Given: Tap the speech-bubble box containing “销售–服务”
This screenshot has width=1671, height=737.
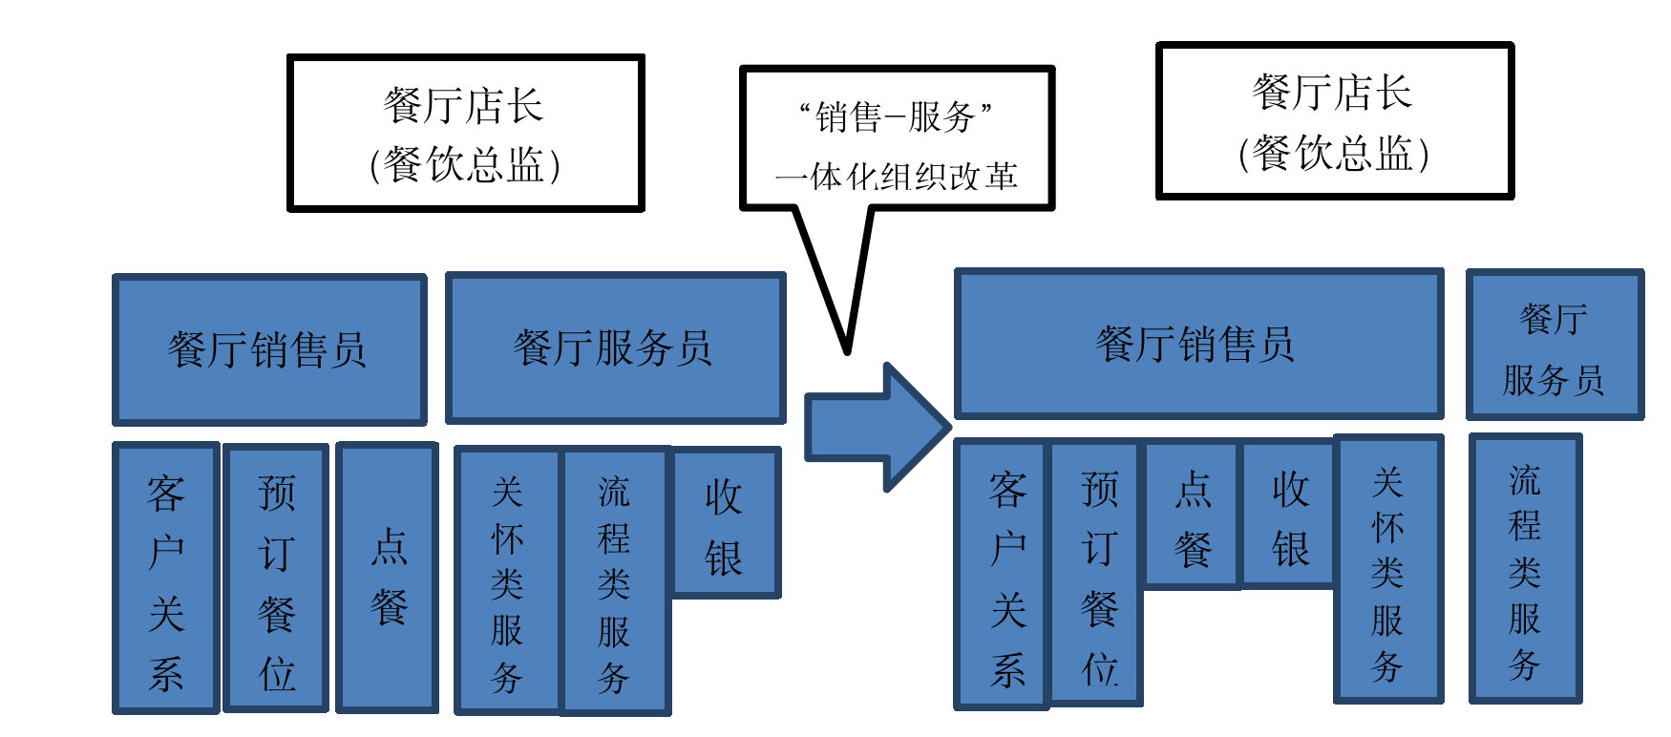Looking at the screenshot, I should click(897, 137).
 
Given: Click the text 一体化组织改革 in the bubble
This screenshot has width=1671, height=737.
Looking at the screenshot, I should click(897, 177).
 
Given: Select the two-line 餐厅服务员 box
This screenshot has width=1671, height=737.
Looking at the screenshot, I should click(1555, 345).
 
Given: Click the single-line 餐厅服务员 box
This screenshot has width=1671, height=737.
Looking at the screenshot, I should click(615, 347).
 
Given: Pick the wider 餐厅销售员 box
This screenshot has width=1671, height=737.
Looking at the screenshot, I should click(1198, 344).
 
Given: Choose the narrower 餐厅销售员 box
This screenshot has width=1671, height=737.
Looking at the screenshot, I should click(269, 349).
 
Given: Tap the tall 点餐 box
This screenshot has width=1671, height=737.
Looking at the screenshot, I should click(388, 577).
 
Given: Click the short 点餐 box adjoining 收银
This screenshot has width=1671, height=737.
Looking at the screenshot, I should click(1192, 515).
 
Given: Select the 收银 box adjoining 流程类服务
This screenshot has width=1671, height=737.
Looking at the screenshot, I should click(726, 522).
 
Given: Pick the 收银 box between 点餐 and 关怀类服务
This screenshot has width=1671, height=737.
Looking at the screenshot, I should click(1288, 515).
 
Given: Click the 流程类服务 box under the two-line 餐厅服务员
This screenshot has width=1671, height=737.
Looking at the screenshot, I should click(1525, 569).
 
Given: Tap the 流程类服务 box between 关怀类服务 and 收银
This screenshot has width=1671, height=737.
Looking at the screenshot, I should click(615, 580).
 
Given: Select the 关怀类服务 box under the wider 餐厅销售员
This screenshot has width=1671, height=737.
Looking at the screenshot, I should click(1387, 569).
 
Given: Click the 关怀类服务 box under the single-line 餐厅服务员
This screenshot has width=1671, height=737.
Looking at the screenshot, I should click(507, 580).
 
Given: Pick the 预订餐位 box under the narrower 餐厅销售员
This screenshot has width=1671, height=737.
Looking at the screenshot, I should click(276, 578).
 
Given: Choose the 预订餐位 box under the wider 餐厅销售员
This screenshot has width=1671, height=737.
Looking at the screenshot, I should click(1097, 573).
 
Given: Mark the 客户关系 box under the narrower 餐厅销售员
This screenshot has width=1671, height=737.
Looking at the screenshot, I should click(166, 578).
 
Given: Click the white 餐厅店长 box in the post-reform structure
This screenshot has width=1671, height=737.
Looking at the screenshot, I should click(1334, 121).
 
